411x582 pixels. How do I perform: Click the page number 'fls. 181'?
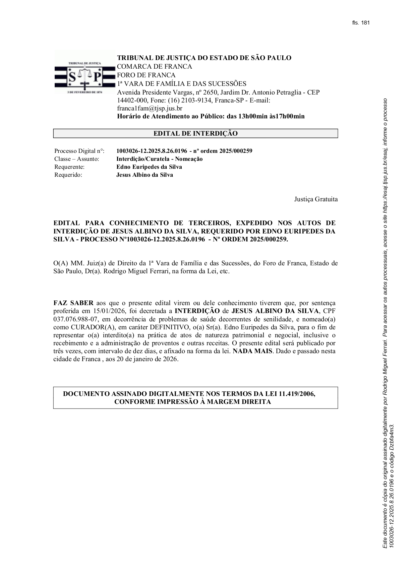point(361,23)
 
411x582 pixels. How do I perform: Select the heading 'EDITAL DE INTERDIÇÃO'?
point(196,134)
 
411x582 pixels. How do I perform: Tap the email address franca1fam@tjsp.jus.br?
point(149,108)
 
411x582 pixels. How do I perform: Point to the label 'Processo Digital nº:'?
point(79,151)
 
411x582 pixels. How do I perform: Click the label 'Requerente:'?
point(69,167)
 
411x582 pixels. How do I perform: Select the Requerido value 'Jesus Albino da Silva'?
point(145,175)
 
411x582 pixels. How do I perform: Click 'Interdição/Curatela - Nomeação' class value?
point(159,159)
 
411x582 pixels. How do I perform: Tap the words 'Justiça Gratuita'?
point(316,199)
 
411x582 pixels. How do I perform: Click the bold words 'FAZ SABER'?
point(73,303)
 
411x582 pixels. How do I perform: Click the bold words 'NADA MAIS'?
point(252,351)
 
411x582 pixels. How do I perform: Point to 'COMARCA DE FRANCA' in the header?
point(154,67)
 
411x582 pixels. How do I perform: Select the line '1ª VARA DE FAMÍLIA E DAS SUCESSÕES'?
point(182,84)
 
